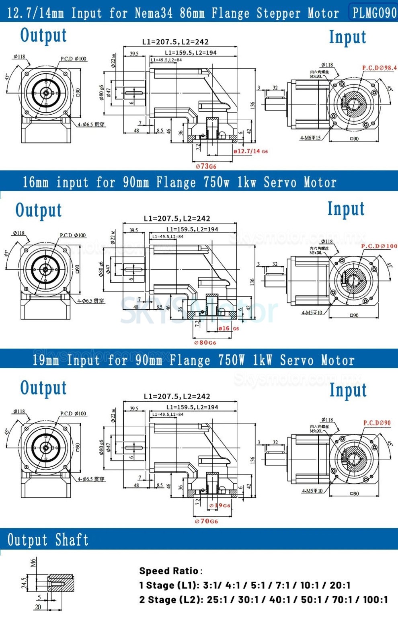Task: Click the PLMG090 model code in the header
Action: [374, 12]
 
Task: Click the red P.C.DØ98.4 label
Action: [379, 68]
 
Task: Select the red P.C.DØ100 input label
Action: [379, 246]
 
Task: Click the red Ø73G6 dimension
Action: [206, 166]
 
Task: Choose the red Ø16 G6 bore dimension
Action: [228, 328]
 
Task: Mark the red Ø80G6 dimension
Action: [205, 343]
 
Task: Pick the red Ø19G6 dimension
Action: [220, 506]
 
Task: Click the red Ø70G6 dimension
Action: [206, 521]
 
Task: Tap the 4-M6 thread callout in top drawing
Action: [310, 138]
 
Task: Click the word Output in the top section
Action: [43, 35]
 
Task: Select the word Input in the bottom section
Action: [348, 390]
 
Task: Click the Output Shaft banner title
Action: [48, 540]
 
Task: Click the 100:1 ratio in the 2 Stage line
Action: [375, 600]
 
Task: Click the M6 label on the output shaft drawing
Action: [33, 563]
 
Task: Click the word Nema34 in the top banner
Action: [154, 13]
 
